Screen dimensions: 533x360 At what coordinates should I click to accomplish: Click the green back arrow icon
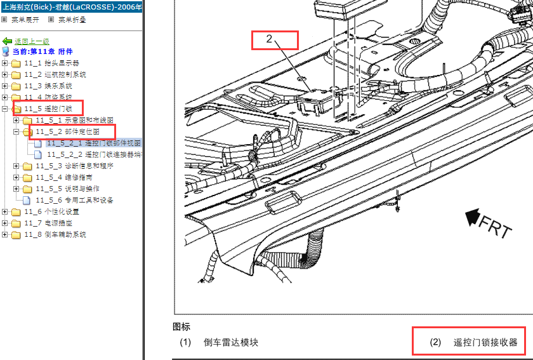(7, 41)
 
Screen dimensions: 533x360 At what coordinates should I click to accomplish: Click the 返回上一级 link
(32, 41)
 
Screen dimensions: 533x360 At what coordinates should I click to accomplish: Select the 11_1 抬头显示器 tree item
(51, 63)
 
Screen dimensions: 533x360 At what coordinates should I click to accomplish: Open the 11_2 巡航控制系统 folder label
(55, 74)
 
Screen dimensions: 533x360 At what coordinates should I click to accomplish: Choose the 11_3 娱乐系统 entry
(48, 86)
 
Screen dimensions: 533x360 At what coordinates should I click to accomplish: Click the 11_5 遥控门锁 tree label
(48, 109)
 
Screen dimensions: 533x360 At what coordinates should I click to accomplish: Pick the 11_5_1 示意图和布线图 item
(74, 120)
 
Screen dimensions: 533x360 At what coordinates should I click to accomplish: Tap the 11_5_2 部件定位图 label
(68, 131)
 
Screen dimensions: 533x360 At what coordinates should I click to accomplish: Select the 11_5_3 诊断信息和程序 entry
(74, 166)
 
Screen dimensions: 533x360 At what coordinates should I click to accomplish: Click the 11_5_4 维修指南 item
(64, 177)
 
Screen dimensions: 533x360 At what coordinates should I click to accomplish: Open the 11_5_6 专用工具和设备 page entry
(74, 200)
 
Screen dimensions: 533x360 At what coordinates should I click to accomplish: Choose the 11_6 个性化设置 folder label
(51, 211)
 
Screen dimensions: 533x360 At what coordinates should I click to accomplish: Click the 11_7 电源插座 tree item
(48, 223)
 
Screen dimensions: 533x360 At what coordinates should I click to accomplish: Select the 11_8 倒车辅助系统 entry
(55, 234)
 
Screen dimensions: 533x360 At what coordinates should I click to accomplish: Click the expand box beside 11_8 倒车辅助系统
(4, 234)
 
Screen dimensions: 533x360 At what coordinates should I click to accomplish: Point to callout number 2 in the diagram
(269, 39)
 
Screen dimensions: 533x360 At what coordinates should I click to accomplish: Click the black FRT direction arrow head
(473, 217)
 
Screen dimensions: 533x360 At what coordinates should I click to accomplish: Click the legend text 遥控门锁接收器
(485, 342)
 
